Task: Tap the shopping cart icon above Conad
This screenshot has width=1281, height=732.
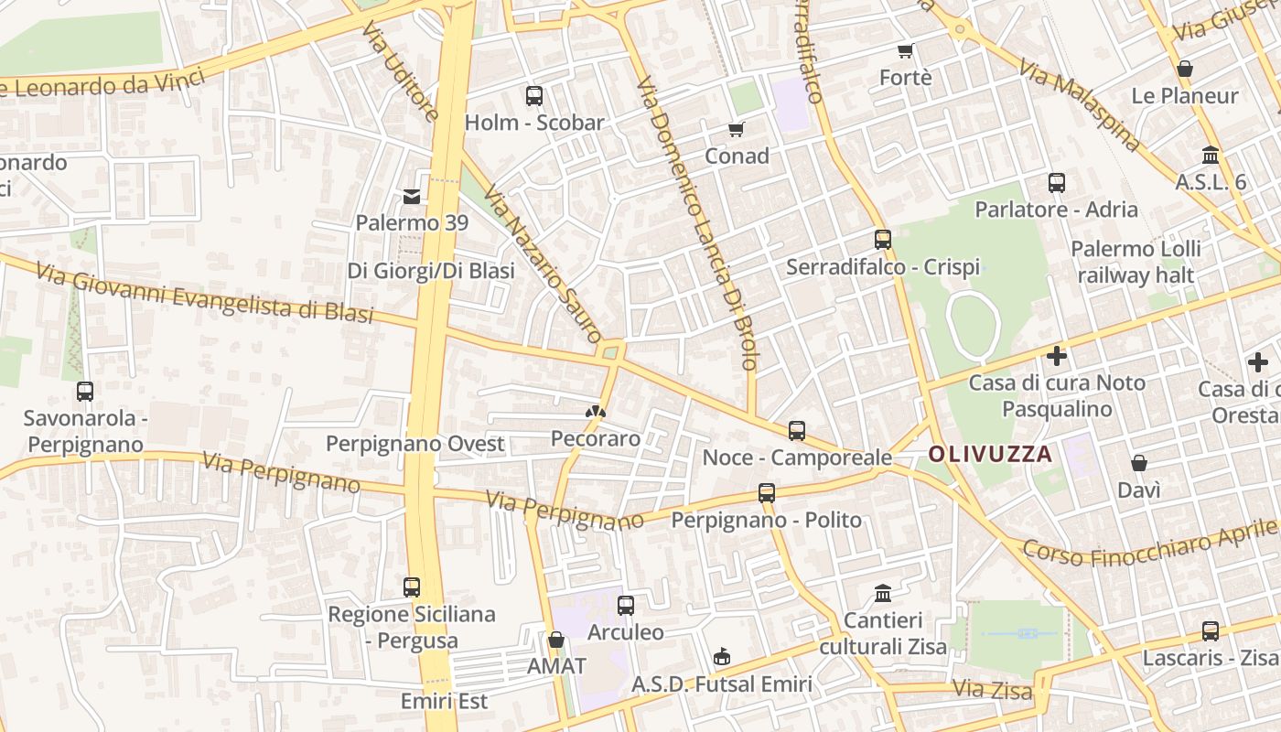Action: pyautogui.click(x=737, y=129)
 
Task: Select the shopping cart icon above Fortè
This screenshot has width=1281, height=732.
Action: pyautogui.click(x=906, y=50)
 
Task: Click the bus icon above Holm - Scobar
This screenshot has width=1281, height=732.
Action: pyautogui.click(x=534, y=95)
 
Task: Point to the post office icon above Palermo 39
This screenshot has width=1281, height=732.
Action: pyautogui.click(x=412, y=196)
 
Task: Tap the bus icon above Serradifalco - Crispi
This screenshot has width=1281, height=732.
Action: pyautogui.click(x=883, y=240)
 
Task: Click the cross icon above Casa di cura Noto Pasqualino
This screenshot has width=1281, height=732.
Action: pyautogui.click(x=1057, y=356)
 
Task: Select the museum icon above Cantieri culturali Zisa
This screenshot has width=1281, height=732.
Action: pyautogui.click(x=883, y=594)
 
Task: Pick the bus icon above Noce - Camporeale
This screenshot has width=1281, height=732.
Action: pyautogui.click(x=797, y=430)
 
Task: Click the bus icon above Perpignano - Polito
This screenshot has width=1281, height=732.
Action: pyautogui.click(x=767, y=493)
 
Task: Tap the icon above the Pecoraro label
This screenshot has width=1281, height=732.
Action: pyautogui.click(x=596, y=413)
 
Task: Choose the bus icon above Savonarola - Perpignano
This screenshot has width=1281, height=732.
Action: pyautogui.click(x=85, y=392)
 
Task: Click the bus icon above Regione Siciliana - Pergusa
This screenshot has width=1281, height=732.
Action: pyautogui.click(x=412, y=587)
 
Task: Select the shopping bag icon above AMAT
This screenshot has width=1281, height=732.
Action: pyautogui.click(x=556, y=640)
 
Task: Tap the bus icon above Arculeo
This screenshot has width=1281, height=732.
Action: pyautogui.click(x=626, y=606)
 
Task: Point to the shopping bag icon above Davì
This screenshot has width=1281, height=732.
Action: pyautogui.click(x=1139, y=464)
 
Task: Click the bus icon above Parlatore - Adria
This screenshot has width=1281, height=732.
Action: pyautogui.click(x=1057, y=183)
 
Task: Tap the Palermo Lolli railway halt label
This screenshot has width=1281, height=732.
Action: pyautogui.click(x=1136, y=262)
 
